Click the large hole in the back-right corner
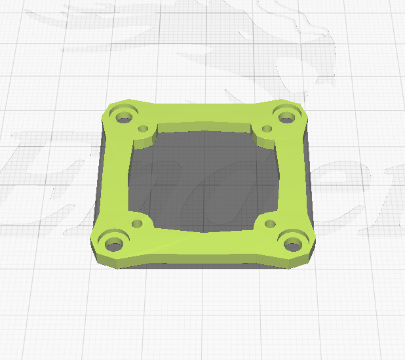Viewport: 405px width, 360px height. [x=286, y=117]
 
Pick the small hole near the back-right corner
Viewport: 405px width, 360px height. [x=266, y=129]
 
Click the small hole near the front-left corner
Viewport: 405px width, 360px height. [x=137, y=224]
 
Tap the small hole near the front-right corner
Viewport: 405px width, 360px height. [x=269, y=224]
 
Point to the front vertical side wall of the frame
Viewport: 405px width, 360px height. [x=203, y=261]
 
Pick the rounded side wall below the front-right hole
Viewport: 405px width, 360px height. [x=295, y=262]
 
